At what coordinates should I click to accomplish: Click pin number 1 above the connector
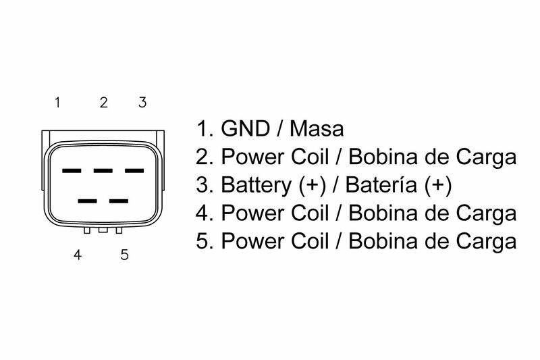click(x=58, y=103)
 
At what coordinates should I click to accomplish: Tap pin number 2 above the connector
click(x=103, y=103)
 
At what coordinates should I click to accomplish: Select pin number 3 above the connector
click(x=142, y=103)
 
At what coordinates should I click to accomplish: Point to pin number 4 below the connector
click(x=79, y=256)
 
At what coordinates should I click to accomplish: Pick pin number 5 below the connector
click(x=124, y=256)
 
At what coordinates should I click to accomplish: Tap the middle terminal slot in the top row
click(x=102, y=170)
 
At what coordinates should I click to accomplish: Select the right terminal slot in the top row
click(x=134, y=170)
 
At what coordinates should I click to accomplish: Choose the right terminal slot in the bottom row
click(x=118, y=201)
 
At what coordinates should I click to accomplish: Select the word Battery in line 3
click(x=256, y=185)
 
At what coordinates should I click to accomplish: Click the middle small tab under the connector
click(x=103, y=231)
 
